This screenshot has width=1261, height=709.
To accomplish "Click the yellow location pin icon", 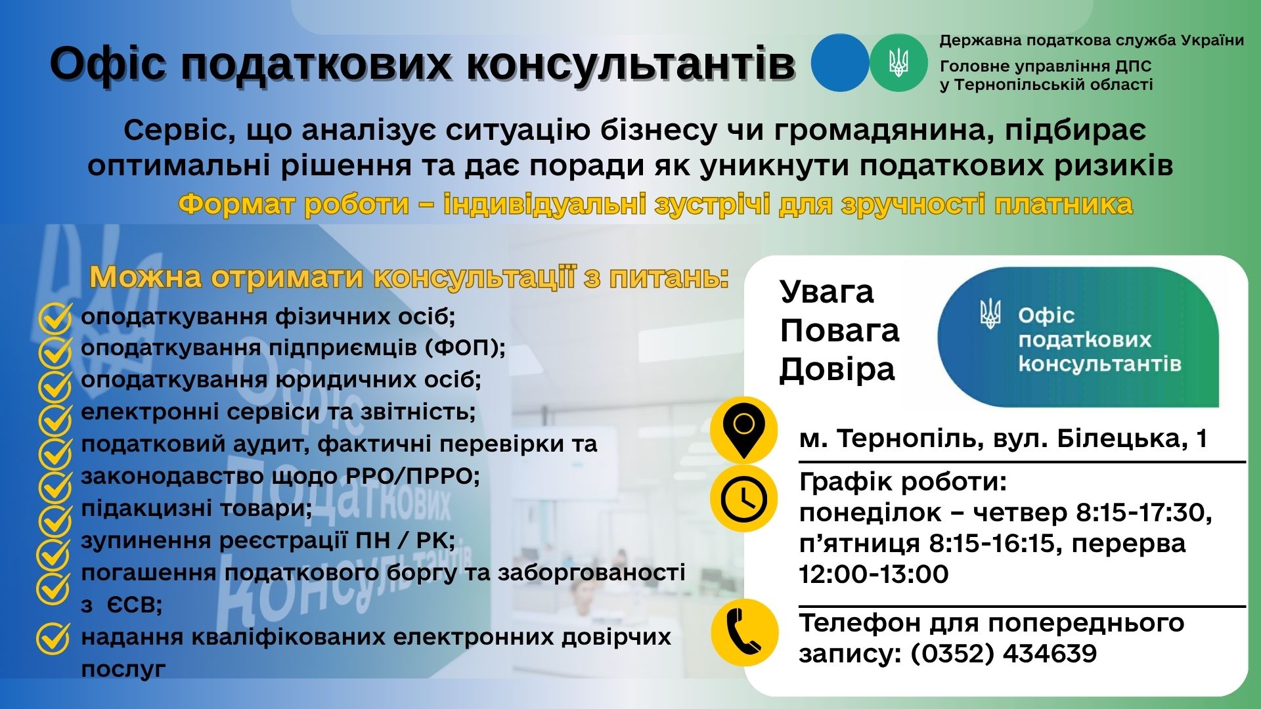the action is pos(743,431).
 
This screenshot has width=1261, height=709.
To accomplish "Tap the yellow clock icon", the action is pos(743,499).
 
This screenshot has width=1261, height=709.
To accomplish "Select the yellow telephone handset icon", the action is pos(744,632).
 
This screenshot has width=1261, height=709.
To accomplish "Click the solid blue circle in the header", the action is pos(840,62).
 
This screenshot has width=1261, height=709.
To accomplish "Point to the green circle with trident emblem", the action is pos(898,62).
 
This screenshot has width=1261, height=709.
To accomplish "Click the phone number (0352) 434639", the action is pos(1004,654).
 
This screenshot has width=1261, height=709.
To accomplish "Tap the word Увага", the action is pos(827,292).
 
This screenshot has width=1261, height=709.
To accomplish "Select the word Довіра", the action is pos(837,369).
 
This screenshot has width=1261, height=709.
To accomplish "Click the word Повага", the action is pos(839,330).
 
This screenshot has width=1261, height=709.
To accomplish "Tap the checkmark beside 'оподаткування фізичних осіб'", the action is pos(55,318).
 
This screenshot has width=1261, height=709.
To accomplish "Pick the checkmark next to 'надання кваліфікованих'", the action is pos(53,638).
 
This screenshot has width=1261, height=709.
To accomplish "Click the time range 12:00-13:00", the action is pos(874,574).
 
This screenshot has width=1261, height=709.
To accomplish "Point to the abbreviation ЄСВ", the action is pos(135,605).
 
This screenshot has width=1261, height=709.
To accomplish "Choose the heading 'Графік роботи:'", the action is pos(903,483).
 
